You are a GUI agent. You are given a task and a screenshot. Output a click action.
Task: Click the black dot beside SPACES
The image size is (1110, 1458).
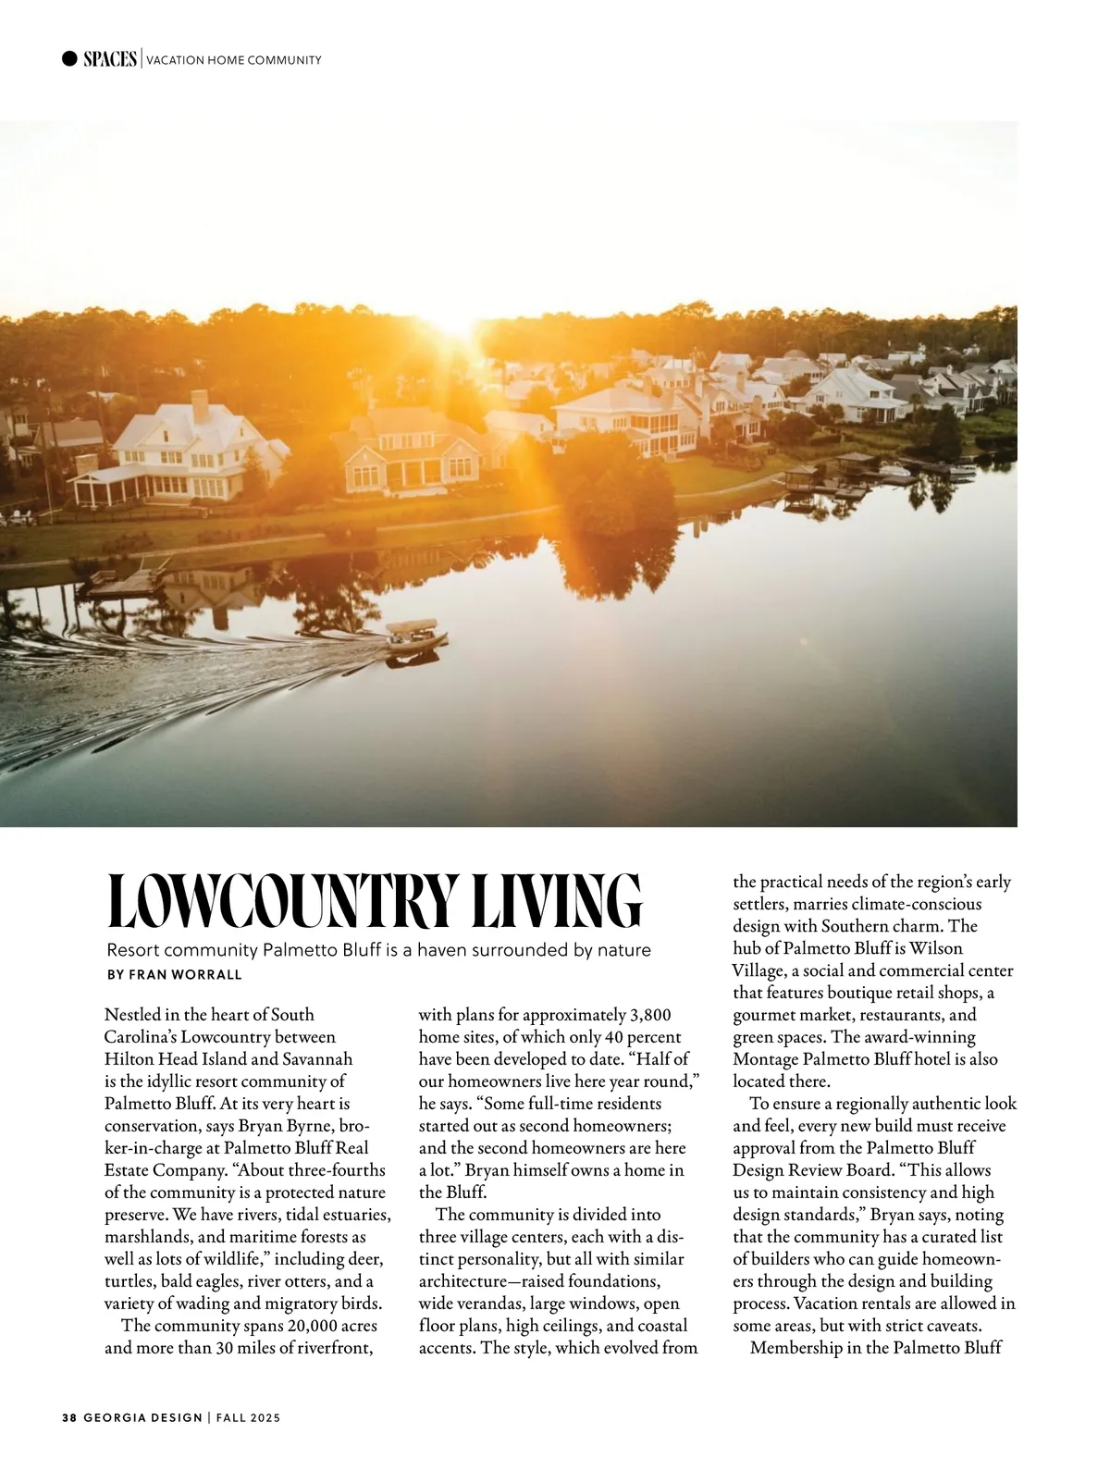pyautogui.click(x=69, y=59)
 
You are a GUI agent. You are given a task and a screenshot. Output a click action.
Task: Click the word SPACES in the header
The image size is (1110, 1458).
pyautogui.click(x=110, y=59)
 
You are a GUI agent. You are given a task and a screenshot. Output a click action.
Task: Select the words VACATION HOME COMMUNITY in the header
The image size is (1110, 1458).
pyautogui.click(x=234, y=60)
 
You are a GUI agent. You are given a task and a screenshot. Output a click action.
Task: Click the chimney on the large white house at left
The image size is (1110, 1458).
pyautogui.click(x=200, y=405)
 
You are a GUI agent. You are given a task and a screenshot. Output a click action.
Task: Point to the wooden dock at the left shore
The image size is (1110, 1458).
pyautogui.click(x=125, y=585)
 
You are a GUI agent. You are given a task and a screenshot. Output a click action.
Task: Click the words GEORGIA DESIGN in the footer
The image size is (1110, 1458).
pyautogui.click(x=142, y=1417)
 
